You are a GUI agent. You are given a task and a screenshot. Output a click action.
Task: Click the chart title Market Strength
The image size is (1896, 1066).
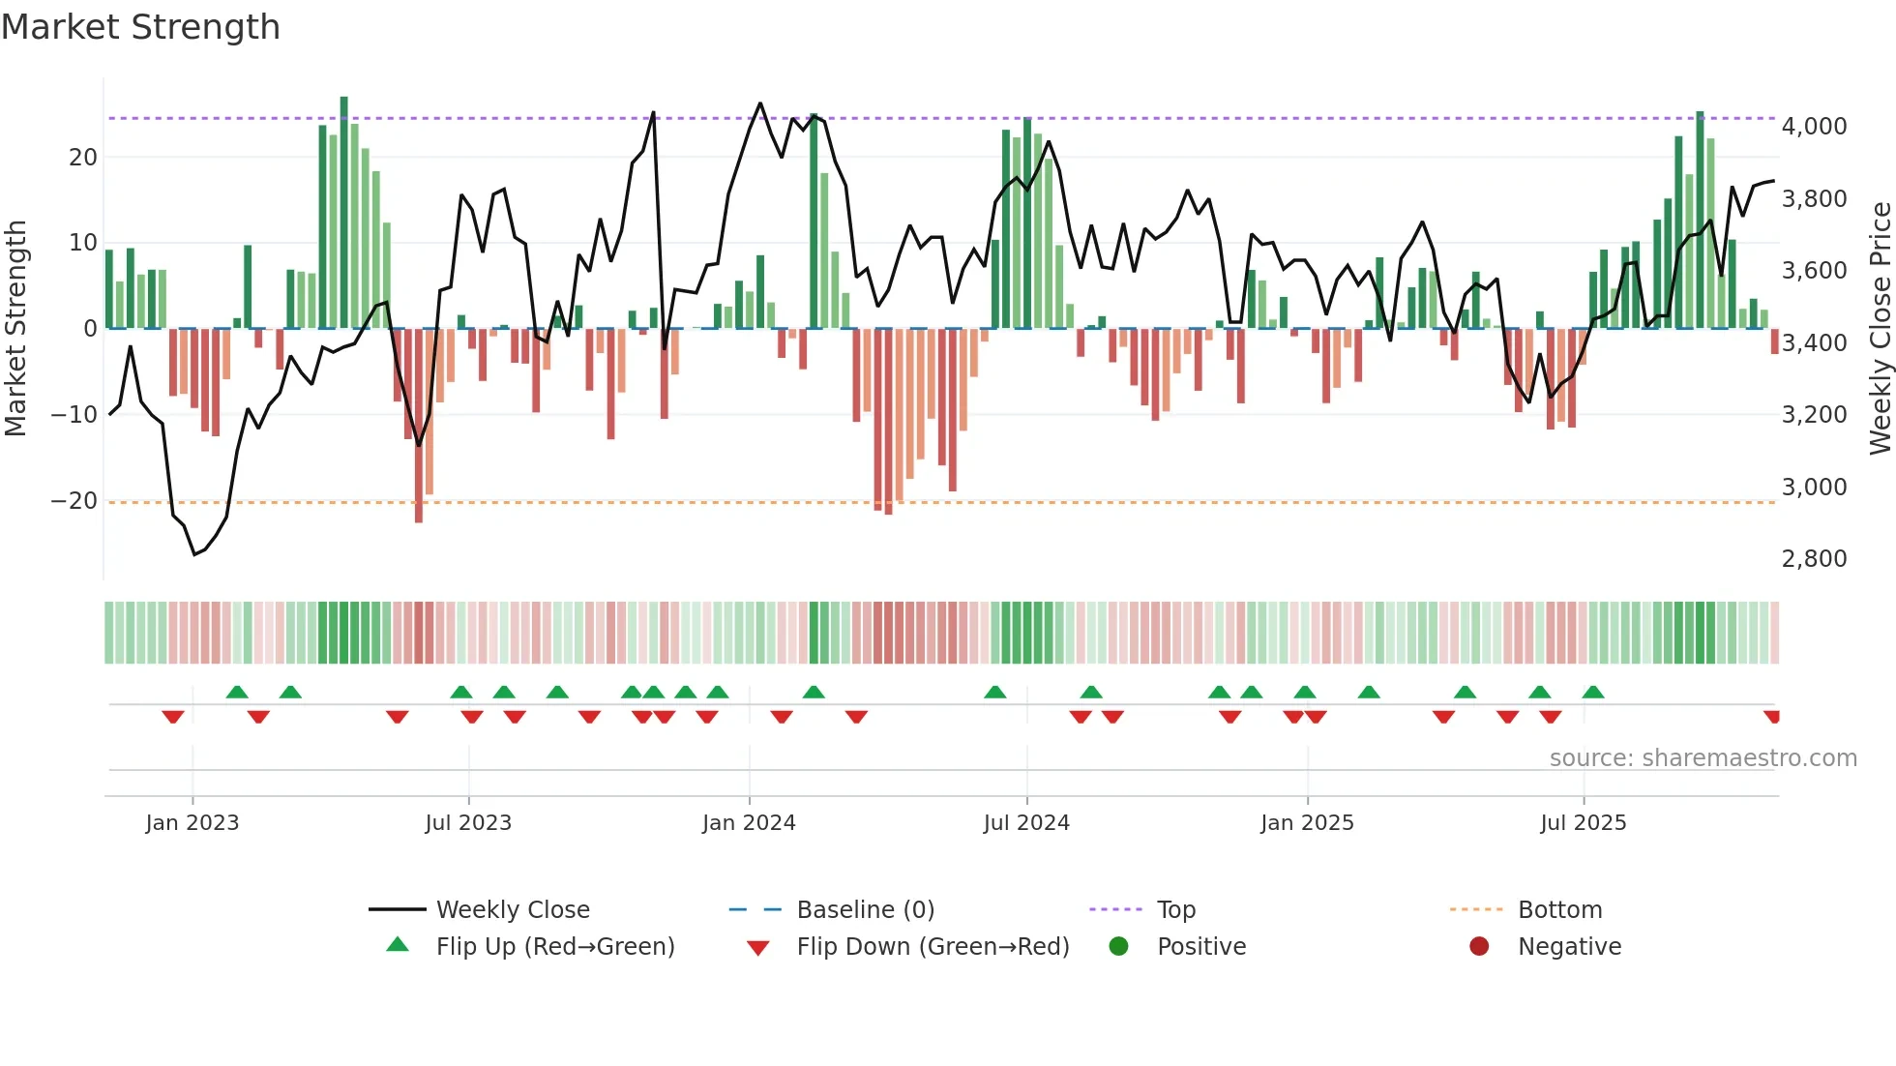point(140,27)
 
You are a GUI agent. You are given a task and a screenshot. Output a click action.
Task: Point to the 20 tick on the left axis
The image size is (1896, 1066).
point(83,157)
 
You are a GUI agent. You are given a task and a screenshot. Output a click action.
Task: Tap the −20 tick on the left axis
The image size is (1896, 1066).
point(74,501)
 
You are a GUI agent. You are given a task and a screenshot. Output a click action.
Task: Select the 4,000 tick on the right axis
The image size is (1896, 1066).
point(1814,127)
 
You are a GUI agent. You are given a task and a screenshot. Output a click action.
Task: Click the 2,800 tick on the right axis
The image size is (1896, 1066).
point(1814,559)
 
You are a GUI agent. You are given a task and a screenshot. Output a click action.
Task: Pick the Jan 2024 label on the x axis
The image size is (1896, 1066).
point(749,823)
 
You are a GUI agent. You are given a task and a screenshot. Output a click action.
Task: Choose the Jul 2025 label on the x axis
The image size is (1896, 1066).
point(1583,823)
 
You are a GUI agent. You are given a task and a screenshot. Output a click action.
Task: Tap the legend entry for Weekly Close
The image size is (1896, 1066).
point(512,910)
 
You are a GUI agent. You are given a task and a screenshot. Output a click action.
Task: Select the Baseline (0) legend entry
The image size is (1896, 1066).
point(865,910)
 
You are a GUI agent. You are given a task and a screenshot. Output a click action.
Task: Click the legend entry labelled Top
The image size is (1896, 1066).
point(1175,910)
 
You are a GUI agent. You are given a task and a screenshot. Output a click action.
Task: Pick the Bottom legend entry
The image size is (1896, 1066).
point(1559,910)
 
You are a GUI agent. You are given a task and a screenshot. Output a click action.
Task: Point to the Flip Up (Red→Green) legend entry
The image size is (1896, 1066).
point(554,947)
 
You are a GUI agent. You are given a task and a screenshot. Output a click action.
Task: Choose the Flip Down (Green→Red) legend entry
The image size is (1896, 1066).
point(933,947)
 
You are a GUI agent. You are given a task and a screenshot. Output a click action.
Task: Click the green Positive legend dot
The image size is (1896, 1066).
point(1118,946)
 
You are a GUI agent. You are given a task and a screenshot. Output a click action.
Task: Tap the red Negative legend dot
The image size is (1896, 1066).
point(1479,946)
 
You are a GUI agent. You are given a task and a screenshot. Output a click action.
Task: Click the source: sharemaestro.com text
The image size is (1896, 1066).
point(1703,758)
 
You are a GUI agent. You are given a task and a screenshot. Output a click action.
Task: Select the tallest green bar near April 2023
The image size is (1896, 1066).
point(344,213)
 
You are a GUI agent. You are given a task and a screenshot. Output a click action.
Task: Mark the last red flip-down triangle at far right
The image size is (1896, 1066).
point(1772,717)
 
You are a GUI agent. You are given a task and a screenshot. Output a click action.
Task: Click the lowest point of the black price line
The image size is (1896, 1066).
point(194,554)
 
